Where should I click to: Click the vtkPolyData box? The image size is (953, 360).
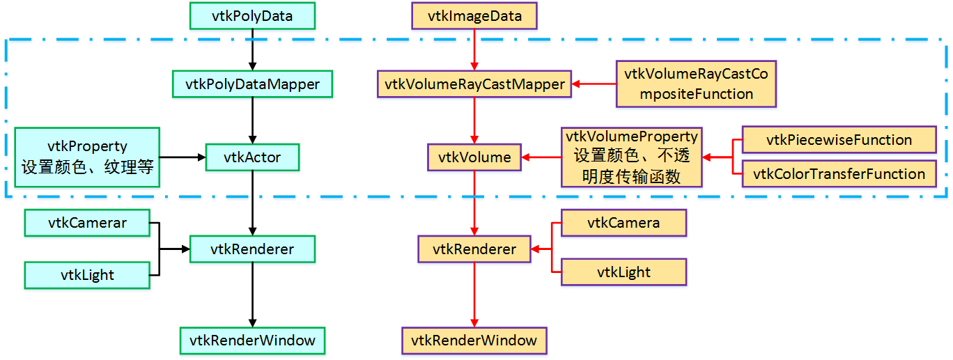coord(252,16)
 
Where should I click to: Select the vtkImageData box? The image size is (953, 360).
coord(474,16)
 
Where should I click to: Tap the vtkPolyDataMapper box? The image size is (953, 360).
coord(252,84)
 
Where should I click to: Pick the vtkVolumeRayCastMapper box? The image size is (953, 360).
coord(474,84)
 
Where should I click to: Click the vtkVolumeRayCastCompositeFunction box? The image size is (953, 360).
coord(696,84)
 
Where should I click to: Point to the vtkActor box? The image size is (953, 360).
coord(252,157)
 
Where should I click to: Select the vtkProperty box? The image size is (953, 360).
coord(87,157)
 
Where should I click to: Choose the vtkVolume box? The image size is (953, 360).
coord(474,157)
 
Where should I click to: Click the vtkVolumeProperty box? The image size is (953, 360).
coord(631,157)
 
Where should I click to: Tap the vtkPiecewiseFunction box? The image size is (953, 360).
coord(839,140)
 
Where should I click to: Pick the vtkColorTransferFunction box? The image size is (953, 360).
coord(839,174)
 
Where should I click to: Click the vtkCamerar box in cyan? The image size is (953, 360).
coord(87,223)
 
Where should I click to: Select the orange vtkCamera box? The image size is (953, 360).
coord(623,223)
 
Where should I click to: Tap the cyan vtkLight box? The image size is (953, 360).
coord(87,276)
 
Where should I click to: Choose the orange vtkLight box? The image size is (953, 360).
coord(623,272)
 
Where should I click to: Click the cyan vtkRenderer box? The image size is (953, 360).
coord(252,249)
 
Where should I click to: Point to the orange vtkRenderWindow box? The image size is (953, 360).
coord(474,341)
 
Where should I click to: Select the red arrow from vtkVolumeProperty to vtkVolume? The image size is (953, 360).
coord(541,157)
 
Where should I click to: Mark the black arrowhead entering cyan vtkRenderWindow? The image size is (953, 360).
coord(252,324)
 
